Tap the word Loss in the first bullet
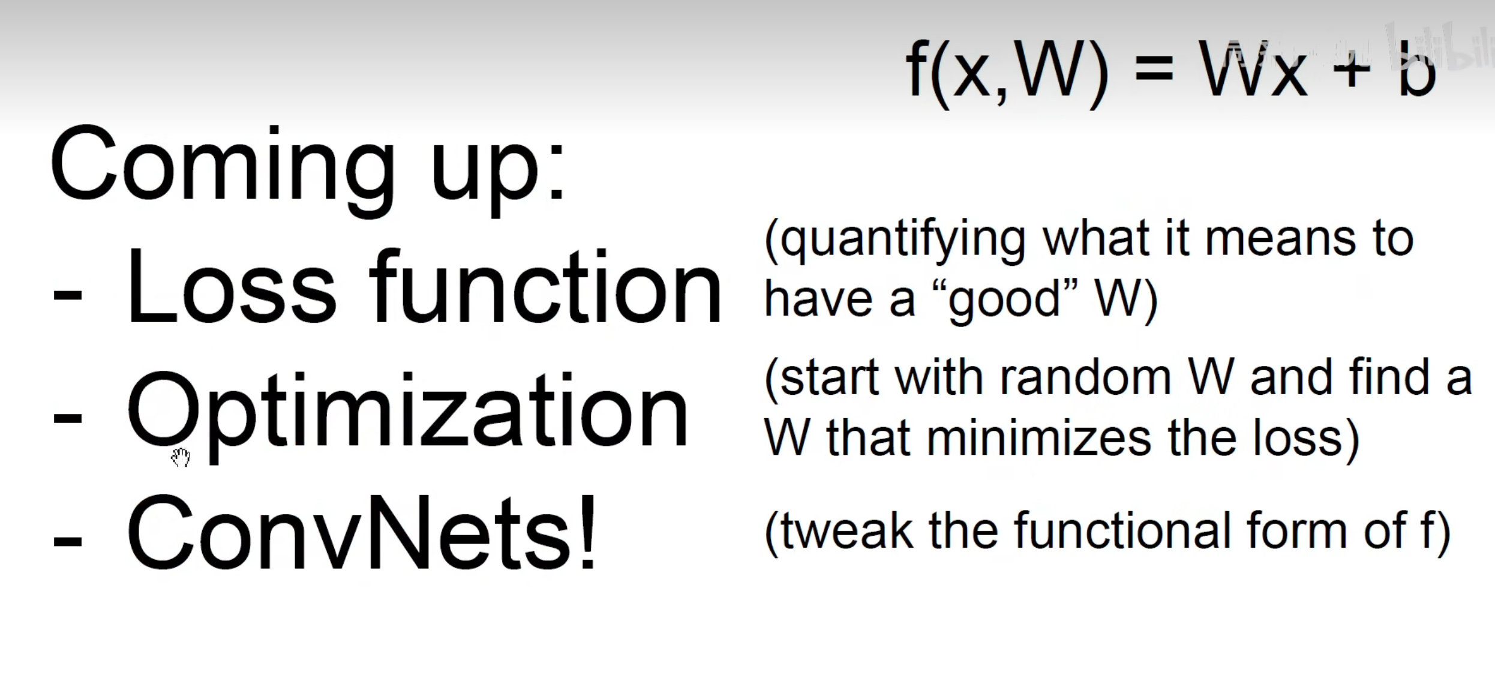(232, 287)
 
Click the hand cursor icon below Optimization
(181, 457)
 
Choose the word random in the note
(1086, 378)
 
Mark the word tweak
(846, 531)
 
